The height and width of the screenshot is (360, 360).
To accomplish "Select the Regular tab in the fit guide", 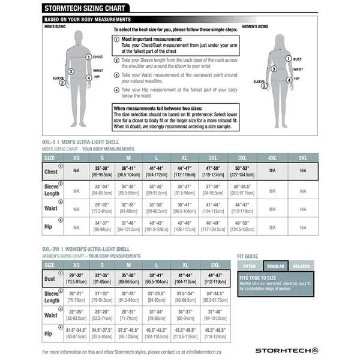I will (x=276, y=265).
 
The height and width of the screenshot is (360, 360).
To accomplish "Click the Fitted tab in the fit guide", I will (x=250, y=265).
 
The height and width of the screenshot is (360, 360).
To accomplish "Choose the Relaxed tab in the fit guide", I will (x=302, y=265).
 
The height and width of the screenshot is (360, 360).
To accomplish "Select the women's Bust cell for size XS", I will (x=76, y=279).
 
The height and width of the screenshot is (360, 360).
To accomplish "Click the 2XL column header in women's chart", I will (x=215, y=265).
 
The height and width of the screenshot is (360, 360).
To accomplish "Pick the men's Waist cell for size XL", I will (x=185, y=209).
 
